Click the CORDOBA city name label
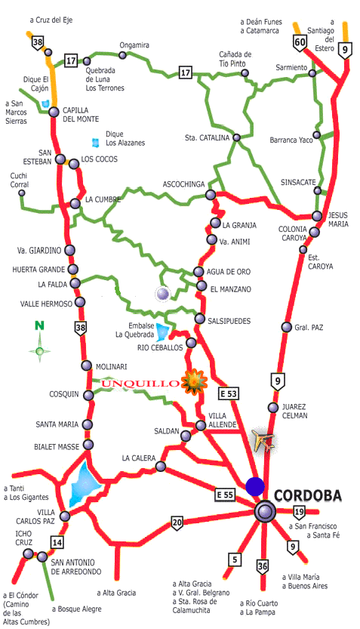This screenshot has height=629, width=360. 308,495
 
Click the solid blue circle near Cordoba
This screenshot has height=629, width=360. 255,486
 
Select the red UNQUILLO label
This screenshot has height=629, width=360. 139,384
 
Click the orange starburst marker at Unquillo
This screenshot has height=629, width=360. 195,381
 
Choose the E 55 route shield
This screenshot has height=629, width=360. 224,495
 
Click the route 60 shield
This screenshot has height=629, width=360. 300,43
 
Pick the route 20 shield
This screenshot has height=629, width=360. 177,522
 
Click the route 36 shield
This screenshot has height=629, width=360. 263,566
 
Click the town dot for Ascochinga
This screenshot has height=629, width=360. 210,195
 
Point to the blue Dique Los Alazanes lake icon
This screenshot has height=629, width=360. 94,142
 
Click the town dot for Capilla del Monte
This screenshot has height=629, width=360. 54,112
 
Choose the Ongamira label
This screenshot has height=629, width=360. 134,45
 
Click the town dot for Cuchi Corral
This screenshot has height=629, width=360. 22,193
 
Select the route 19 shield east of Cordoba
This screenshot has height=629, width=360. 300,512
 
